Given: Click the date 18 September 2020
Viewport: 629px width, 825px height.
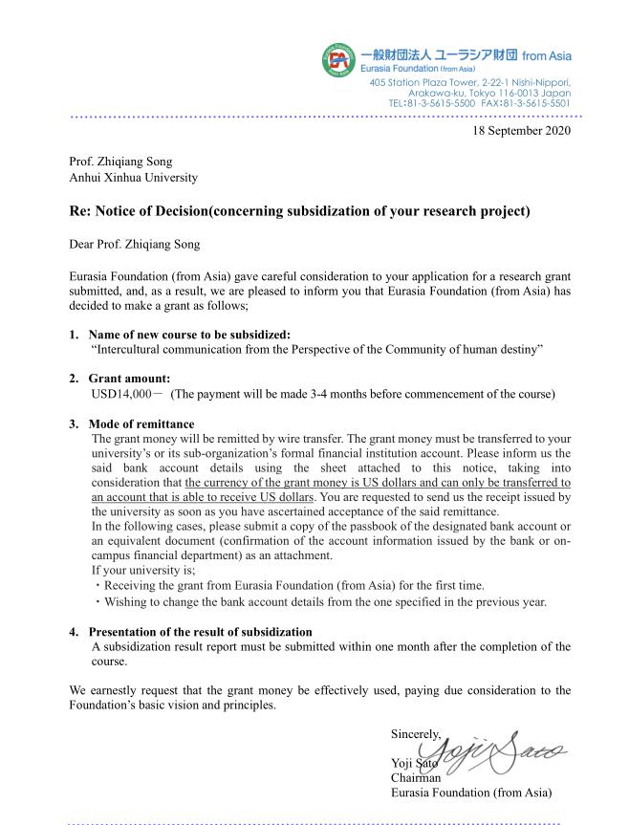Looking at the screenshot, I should coord(522,130).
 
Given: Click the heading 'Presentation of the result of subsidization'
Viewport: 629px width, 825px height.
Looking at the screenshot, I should coord(200,632).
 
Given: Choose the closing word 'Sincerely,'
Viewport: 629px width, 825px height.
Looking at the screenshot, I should coord(416,734).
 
